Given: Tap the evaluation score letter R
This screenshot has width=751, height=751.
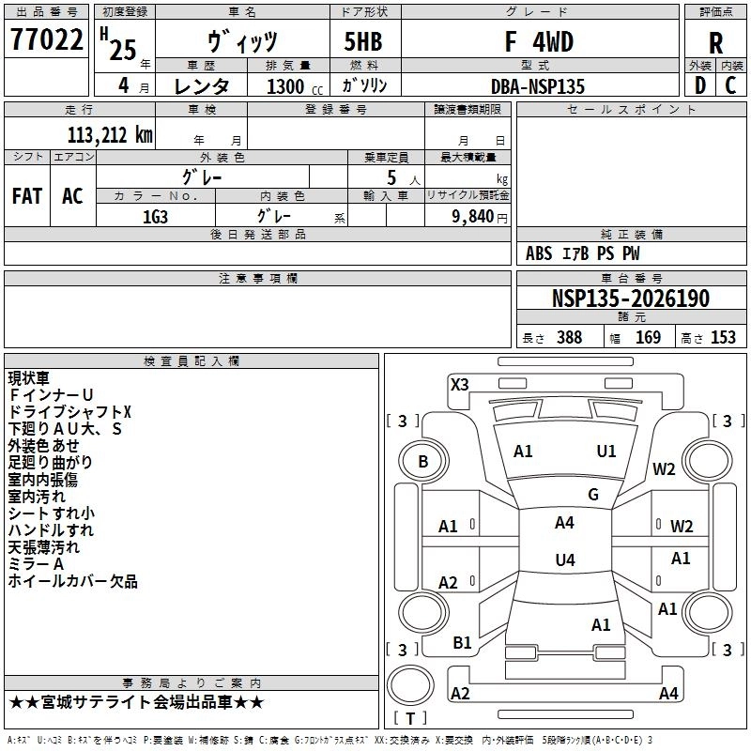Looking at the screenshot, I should pos(715,42).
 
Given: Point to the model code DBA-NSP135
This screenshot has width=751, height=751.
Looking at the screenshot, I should pos(538,85).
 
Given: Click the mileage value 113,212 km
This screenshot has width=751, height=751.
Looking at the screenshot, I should pos(110,134).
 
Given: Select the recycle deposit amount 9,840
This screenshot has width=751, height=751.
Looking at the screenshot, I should pos(467,214).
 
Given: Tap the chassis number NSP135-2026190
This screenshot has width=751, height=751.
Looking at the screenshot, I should pos(630,299).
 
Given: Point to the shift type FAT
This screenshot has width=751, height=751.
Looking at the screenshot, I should pos(27,196).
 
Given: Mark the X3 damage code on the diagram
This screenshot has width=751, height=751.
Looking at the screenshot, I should pos(460,384).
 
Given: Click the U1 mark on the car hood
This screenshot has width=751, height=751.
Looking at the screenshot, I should pos(606,452).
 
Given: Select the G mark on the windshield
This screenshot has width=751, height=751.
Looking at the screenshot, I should pos(593,495).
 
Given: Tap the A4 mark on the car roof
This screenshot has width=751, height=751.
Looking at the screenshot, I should pos(564,523).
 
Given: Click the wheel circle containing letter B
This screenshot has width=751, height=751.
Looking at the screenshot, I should pos(422,461).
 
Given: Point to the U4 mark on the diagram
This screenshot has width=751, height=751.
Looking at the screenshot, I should pos(564,560).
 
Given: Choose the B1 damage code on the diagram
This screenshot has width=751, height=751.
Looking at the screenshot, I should pos(462,643).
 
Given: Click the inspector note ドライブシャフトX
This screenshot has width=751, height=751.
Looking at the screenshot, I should pos(70,412).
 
